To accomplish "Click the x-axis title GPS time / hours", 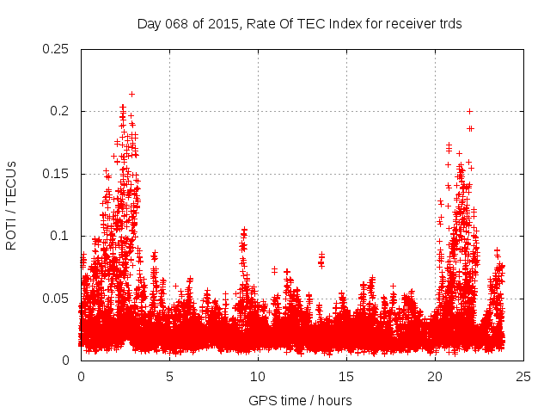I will tap(300, 400).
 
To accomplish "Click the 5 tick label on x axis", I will tap(169, 376).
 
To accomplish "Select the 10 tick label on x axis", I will tap(258, 376).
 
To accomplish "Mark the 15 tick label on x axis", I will tap(346, 376).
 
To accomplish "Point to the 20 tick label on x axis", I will tap(435, 376).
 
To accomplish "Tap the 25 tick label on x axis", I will tap(523, 376).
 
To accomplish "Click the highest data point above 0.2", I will tap(131, 94).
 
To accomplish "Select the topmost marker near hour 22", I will tap(469, 110).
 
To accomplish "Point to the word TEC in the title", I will tap(302, 24).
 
